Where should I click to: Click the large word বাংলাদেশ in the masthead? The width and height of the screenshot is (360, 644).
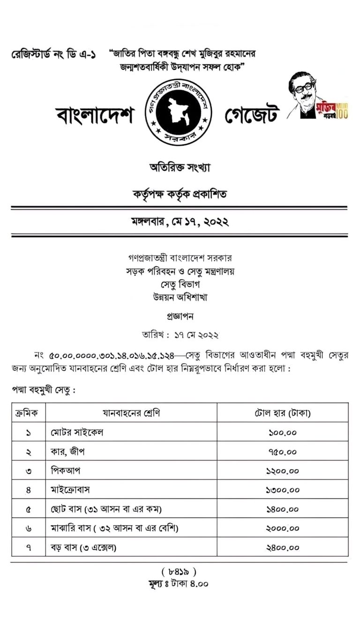(x=94, y=113)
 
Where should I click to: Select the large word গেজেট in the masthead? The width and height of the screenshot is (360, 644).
(x=252, y=113)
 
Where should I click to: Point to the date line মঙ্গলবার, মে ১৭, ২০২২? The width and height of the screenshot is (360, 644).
(x=180, y=222)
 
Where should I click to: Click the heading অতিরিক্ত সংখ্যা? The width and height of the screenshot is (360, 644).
(x=180, y=168)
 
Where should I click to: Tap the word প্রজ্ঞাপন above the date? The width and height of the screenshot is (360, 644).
(x=180, y=316)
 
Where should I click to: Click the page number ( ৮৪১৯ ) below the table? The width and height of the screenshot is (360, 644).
(x=179, y=572)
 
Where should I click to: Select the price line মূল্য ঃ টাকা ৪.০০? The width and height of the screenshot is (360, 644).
(x=178, y=584)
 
